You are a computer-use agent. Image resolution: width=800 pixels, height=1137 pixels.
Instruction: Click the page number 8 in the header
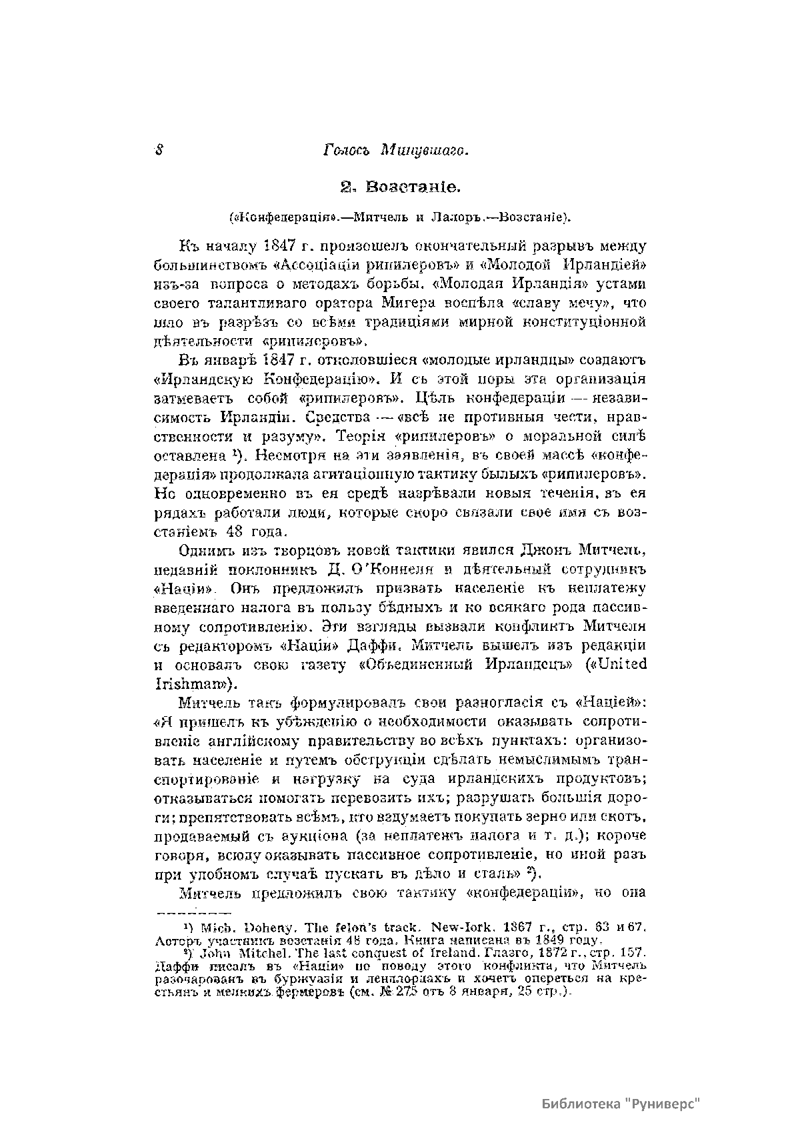(x=159, y=150)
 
